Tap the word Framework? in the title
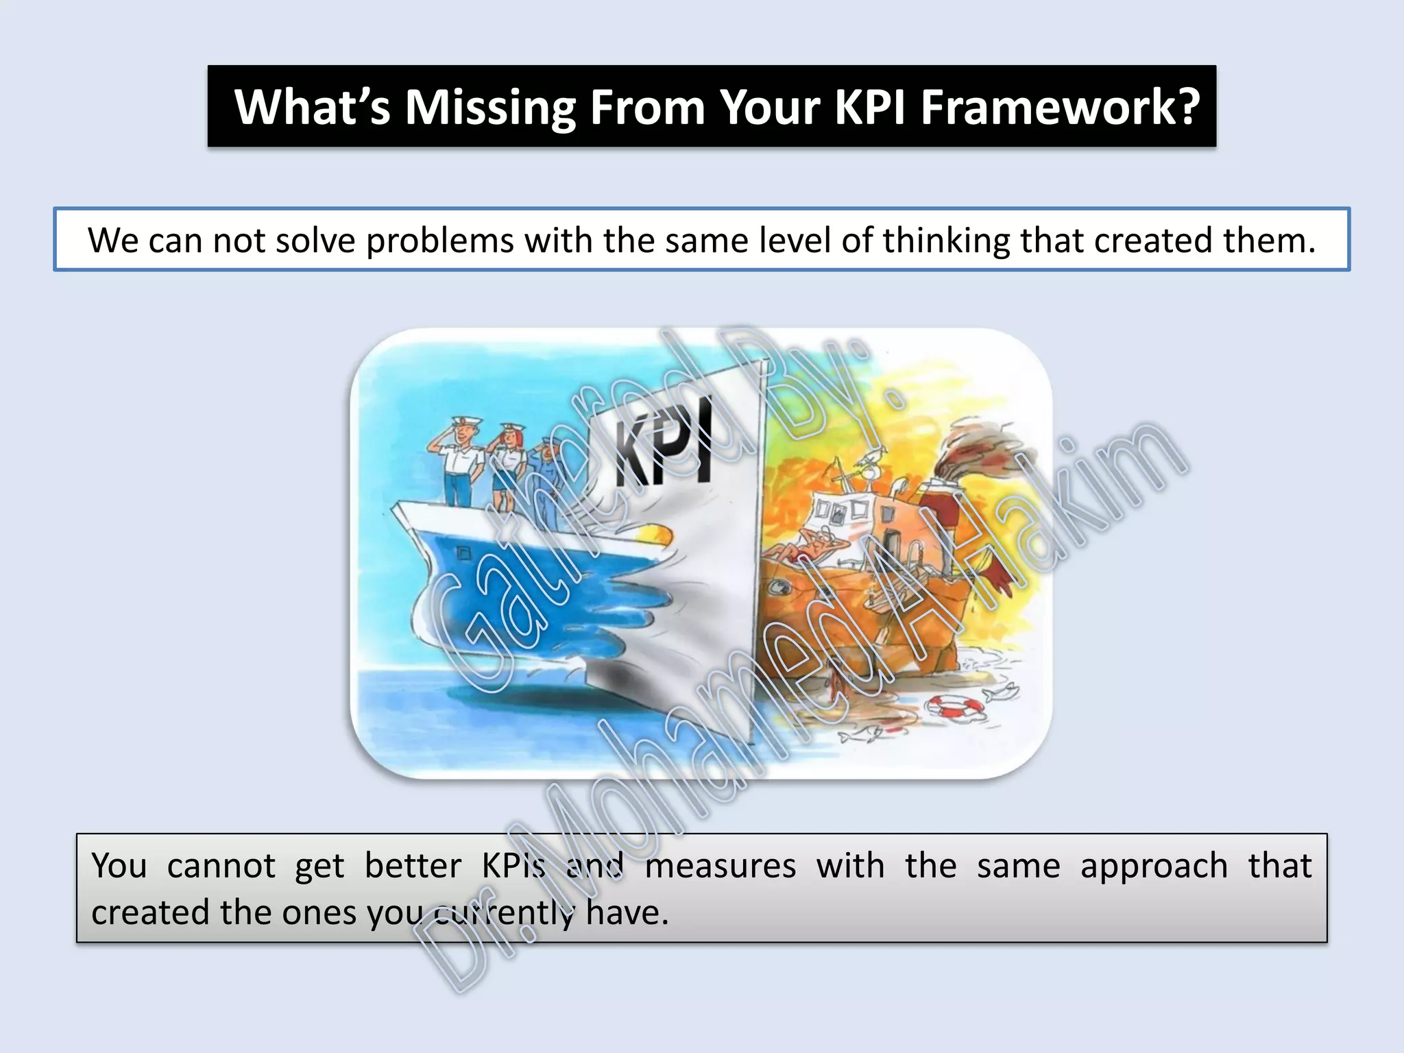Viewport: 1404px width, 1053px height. tap(1060, 108)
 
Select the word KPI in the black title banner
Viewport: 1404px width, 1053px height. tap(870, 108)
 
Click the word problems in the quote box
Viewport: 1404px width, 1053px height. tap(440, 241)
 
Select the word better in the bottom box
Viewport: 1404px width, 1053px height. tap(413, 866)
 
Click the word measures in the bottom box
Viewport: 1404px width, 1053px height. tap(721, 866)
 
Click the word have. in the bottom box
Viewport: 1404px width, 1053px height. tap(627, 912)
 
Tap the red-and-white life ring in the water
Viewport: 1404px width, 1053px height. tap(955, 707)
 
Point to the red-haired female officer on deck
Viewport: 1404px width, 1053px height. tap(508, 466)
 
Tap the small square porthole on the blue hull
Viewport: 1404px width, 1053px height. tap(464, 552)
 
